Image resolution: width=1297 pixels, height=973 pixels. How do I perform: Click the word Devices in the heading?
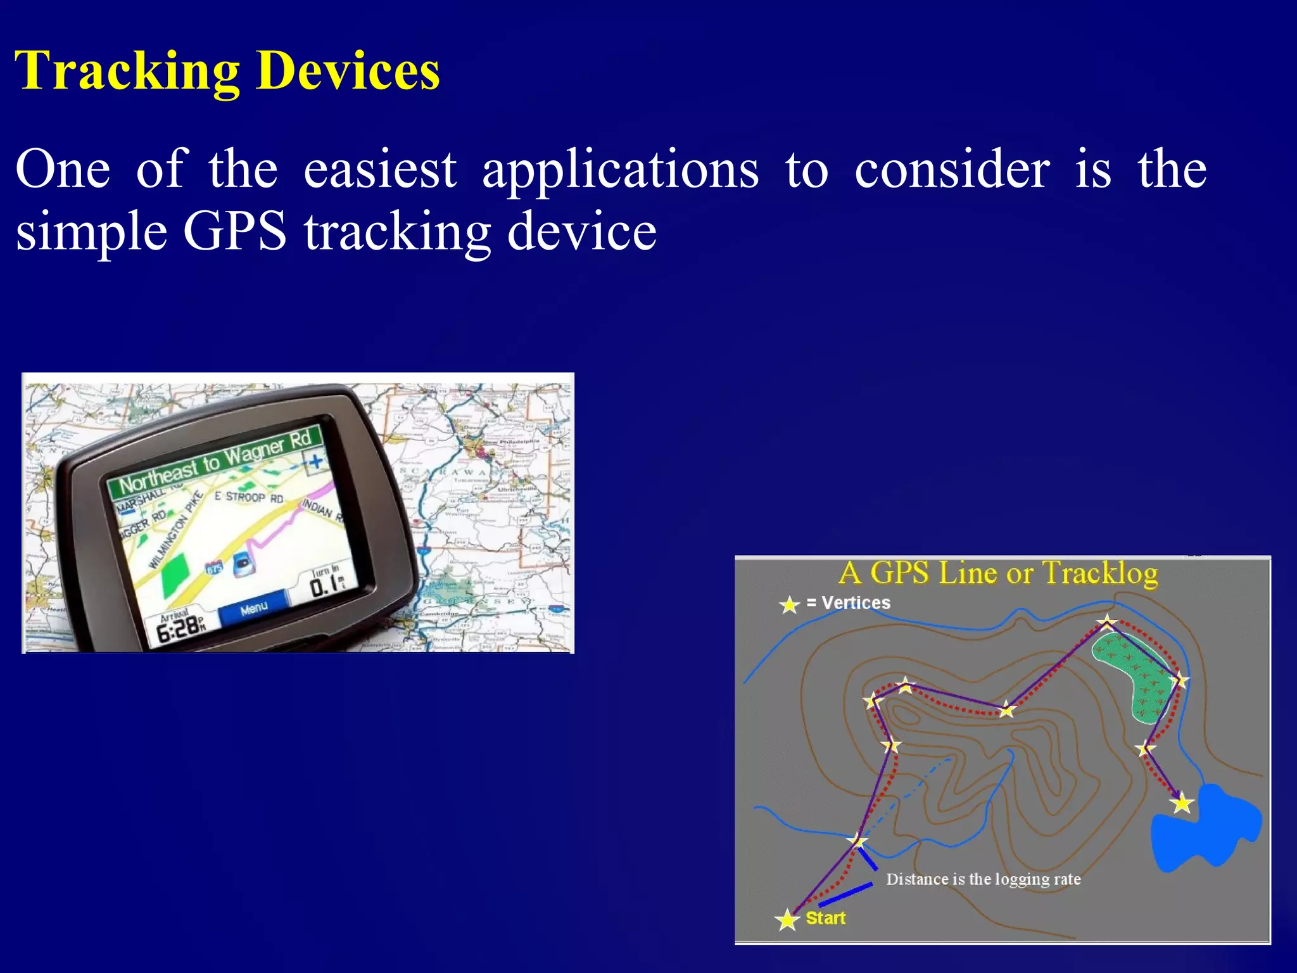point(348,71)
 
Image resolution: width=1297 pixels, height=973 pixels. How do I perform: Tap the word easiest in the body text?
point(380,170)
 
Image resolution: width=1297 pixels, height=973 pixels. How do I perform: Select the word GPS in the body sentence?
point(235,232)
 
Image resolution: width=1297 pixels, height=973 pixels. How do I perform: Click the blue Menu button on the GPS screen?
point(254,609)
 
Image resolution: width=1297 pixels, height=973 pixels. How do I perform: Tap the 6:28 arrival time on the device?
point(179,629)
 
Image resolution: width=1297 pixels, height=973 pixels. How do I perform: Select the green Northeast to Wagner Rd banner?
point(215,461)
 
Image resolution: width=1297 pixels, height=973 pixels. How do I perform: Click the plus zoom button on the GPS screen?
point(315,462)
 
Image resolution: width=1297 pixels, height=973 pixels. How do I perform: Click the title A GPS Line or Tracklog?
point(998,573)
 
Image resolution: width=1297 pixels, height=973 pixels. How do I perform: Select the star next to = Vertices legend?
point(789,604)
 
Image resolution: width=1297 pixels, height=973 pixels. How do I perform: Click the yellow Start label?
point(825,918)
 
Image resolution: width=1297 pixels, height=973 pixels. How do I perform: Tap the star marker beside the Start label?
point(787,919)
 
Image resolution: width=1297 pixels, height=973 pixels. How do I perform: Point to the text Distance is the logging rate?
point(983,879)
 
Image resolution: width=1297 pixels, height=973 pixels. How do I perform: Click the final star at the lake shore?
point(1182,804)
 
